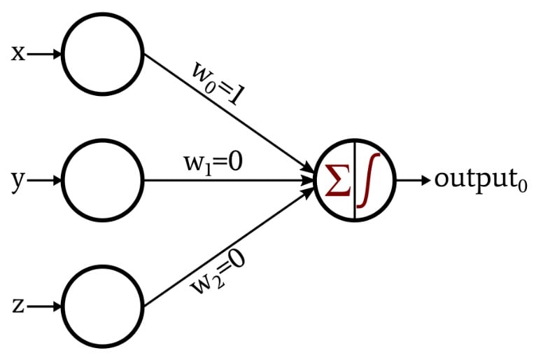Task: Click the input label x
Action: pyautogui.click(x=19, y=53)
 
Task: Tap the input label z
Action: pyautogui.click(x=19, y=306)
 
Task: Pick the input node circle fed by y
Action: pyautogui.click(x=103, y=180)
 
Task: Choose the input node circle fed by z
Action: pyautogui.click(x=103, y=306)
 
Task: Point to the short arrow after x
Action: pyautogui.click(x=45, y=53)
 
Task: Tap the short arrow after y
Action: pyautogui.click(x=45, y=180)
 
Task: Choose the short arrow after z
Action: pyautogui.click(x=45, y=306)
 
